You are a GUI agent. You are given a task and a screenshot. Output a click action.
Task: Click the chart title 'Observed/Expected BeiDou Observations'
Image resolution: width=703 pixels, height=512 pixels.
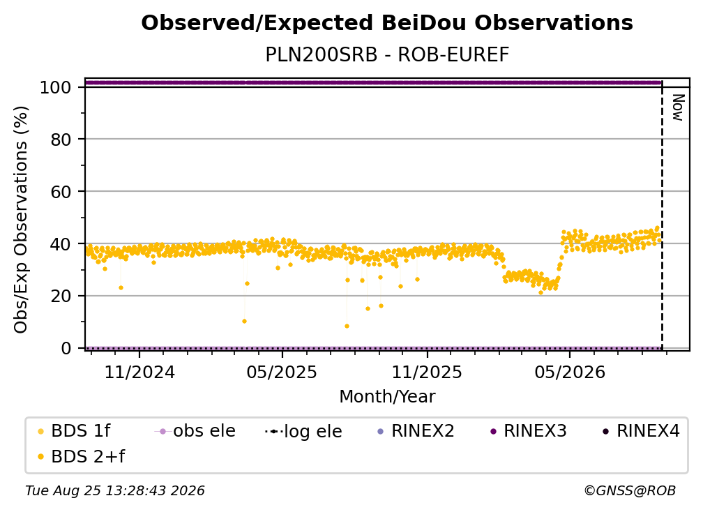[387, 23]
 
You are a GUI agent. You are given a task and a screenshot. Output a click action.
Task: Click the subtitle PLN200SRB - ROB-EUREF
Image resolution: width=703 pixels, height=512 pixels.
[387, 55]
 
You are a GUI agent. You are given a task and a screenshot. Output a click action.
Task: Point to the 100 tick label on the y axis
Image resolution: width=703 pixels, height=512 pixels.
[56, 87]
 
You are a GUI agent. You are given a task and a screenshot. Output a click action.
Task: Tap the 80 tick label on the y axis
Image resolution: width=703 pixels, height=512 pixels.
[61, 140]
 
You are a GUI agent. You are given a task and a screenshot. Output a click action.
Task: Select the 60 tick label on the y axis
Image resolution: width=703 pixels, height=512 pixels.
[61, 192]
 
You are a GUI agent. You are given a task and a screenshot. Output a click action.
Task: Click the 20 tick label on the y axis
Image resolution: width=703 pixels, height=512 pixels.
[61, 296]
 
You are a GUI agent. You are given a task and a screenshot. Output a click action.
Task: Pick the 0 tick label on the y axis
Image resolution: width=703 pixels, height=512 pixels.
[66, 348]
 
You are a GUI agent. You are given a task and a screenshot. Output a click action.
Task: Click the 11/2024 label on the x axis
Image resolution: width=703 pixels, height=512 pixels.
[139, 372]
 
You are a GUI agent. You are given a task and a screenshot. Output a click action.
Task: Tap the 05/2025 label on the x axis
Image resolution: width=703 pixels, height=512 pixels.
[282, 372]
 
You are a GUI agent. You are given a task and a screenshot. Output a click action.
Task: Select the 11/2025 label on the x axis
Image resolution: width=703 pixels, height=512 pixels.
[427, 372]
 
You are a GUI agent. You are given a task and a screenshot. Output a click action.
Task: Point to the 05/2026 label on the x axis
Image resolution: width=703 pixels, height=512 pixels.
[569, 372]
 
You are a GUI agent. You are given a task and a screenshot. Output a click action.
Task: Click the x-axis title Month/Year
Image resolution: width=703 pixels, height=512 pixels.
[387, 397]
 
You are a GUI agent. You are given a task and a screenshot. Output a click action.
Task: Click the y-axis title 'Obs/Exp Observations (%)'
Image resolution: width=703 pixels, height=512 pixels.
[21, 219]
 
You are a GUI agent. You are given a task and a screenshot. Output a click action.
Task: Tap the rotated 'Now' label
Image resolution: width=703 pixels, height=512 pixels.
[678, 107]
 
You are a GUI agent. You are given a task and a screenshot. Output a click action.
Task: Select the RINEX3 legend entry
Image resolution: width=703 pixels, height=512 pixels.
[529, 431]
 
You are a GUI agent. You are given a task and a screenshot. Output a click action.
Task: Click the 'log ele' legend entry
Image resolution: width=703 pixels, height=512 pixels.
[303, 431]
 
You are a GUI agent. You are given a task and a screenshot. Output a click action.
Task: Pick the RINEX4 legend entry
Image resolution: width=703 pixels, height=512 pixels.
[641, 431]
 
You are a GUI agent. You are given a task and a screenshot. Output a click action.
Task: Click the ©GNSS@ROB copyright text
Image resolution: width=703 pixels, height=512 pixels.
[630, 491]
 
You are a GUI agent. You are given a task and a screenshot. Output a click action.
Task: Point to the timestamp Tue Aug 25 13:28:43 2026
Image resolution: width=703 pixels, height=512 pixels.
[115, 491]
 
